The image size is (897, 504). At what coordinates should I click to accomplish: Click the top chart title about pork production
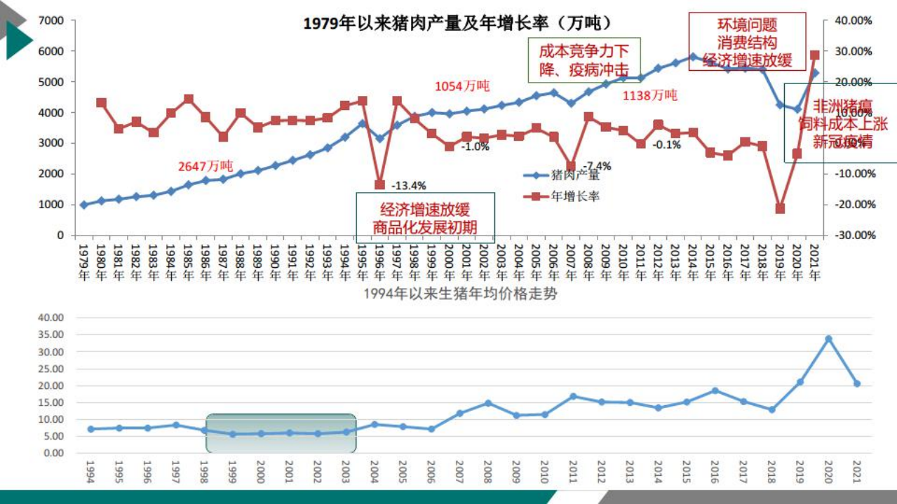click(457, 23)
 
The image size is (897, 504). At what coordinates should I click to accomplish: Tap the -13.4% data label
click(408, 186)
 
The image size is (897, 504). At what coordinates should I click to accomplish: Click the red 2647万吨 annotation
click(205, 166)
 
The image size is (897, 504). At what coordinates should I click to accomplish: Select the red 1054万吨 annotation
click(462, 86)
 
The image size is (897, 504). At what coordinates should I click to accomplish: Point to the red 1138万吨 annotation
click(650, 95)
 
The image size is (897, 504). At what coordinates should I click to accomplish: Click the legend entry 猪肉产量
click(574, 175)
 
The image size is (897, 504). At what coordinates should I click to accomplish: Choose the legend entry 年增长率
click(574, 197)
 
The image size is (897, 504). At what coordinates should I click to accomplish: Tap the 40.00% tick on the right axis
click(853, 20)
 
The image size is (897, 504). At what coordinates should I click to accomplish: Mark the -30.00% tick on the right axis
click(853, 236)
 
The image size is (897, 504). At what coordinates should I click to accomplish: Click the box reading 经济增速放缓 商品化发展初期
click(425, 218)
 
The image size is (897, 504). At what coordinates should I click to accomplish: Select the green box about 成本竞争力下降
click(584, 60)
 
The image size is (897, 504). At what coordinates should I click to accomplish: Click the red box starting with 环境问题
click(747, 42)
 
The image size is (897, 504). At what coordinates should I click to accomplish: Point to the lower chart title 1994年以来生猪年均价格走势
click(461, 294)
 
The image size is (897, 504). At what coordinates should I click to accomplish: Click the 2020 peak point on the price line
click(828, 339)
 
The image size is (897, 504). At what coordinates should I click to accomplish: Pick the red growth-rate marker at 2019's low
click(780, 208)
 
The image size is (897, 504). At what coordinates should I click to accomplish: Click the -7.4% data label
click(598, 166)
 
